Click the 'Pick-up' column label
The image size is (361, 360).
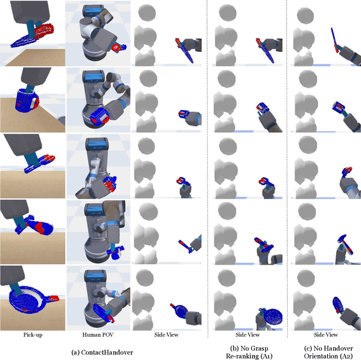[32, 335]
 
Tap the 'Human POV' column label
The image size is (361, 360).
[98, 335]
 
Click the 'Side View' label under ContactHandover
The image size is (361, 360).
[167, 335]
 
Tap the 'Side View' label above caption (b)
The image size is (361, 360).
[246, 335]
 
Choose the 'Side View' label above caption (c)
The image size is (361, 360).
[323, 335]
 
